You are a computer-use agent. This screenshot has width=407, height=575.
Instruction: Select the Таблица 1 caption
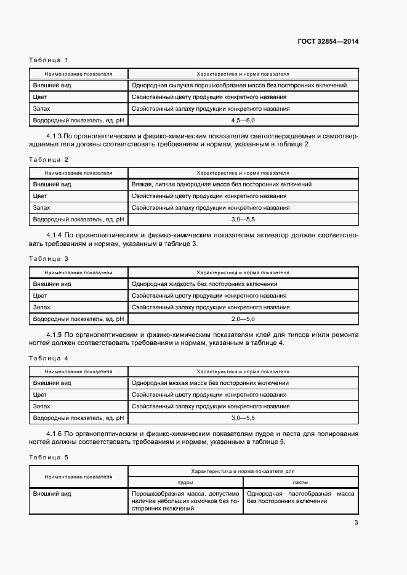49,60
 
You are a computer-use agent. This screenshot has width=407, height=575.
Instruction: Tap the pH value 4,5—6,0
243,121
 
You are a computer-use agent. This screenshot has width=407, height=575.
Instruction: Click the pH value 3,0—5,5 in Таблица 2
243,219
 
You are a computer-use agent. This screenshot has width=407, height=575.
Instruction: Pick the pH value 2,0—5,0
243,319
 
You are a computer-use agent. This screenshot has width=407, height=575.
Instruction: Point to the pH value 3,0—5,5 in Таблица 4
243,418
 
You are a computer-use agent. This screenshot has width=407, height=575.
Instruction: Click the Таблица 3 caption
49,258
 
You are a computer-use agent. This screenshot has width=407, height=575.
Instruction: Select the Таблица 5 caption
49,458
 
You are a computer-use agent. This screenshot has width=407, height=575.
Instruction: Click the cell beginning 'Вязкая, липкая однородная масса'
221,184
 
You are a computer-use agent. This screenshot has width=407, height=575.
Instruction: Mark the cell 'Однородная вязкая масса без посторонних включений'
210,383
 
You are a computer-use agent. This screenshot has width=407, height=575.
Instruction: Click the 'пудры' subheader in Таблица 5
185,483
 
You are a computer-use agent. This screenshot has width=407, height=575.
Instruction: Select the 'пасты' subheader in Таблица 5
300,483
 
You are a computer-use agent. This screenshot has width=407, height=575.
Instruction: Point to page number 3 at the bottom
356,523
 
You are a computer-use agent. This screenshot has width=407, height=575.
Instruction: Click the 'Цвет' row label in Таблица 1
40,97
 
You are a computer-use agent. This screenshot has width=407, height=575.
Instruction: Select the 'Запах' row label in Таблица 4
41,406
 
